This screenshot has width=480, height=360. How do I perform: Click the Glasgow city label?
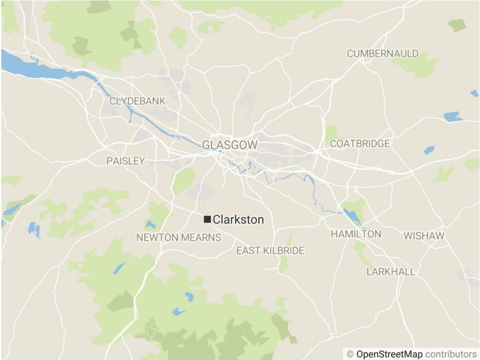tap(230, 145)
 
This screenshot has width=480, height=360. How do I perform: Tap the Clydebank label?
tap(137, 101)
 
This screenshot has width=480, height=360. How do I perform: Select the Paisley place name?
tap(125, 161)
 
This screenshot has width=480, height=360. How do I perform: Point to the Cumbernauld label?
tap(382, 53)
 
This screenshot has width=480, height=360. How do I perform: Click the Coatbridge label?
tap(359, 144)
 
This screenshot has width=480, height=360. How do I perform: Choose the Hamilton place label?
tap(356, 234)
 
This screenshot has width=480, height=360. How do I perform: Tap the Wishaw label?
tap(423, 235)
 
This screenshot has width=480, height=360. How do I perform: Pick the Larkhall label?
tap(390, 272)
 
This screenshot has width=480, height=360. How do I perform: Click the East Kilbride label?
tap(270, 251)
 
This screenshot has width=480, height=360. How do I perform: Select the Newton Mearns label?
tap(179, 237)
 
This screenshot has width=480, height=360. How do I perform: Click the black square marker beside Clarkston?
tap(207, 219)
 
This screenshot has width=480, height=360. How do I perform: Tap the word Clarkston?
tap(238, 219)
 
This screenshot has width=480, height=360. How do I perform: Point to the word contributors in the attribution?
tap(451, 354)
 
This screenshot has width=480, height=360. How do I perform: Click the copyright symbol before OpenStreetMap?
tap(350, 354)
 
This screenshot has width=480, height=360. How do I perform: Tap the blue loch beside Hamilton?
tap(352, 215)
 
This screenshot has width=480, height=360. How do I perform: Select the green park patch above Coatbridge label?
tap(331, 132)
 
